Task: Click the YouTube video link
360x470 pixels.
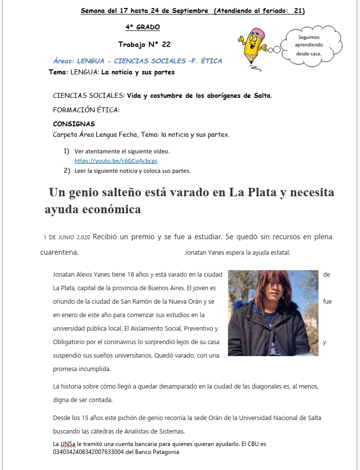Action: coord(115,161)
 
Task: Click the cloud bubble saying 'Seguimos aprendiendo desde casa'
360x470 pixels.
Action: coord(308,45)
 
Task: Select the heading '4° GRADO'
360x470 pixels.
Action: coord(142,27)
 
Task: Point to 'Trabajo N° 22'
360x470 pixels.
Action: coord(144,44)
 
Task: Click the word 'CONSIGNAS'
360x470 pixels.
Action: coord(73,124)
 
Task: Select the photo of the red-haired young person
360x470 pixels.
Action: coord(272,313)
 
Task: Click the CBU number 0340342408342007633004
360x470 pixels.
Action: coord(89,453)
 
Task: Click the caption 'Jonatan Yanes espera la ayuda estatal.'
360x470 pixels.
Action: coord(237,253)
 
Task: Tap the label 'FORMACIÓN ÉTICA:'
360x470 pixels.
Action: coord(86,110)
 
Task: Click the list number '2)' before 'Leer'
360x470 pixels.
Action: coord(66,170)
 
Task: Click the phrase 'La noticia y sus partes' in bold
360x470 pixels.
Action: coord(137,72)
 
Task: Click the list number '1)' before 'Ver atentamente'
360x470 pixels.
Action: coord(66,151)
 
